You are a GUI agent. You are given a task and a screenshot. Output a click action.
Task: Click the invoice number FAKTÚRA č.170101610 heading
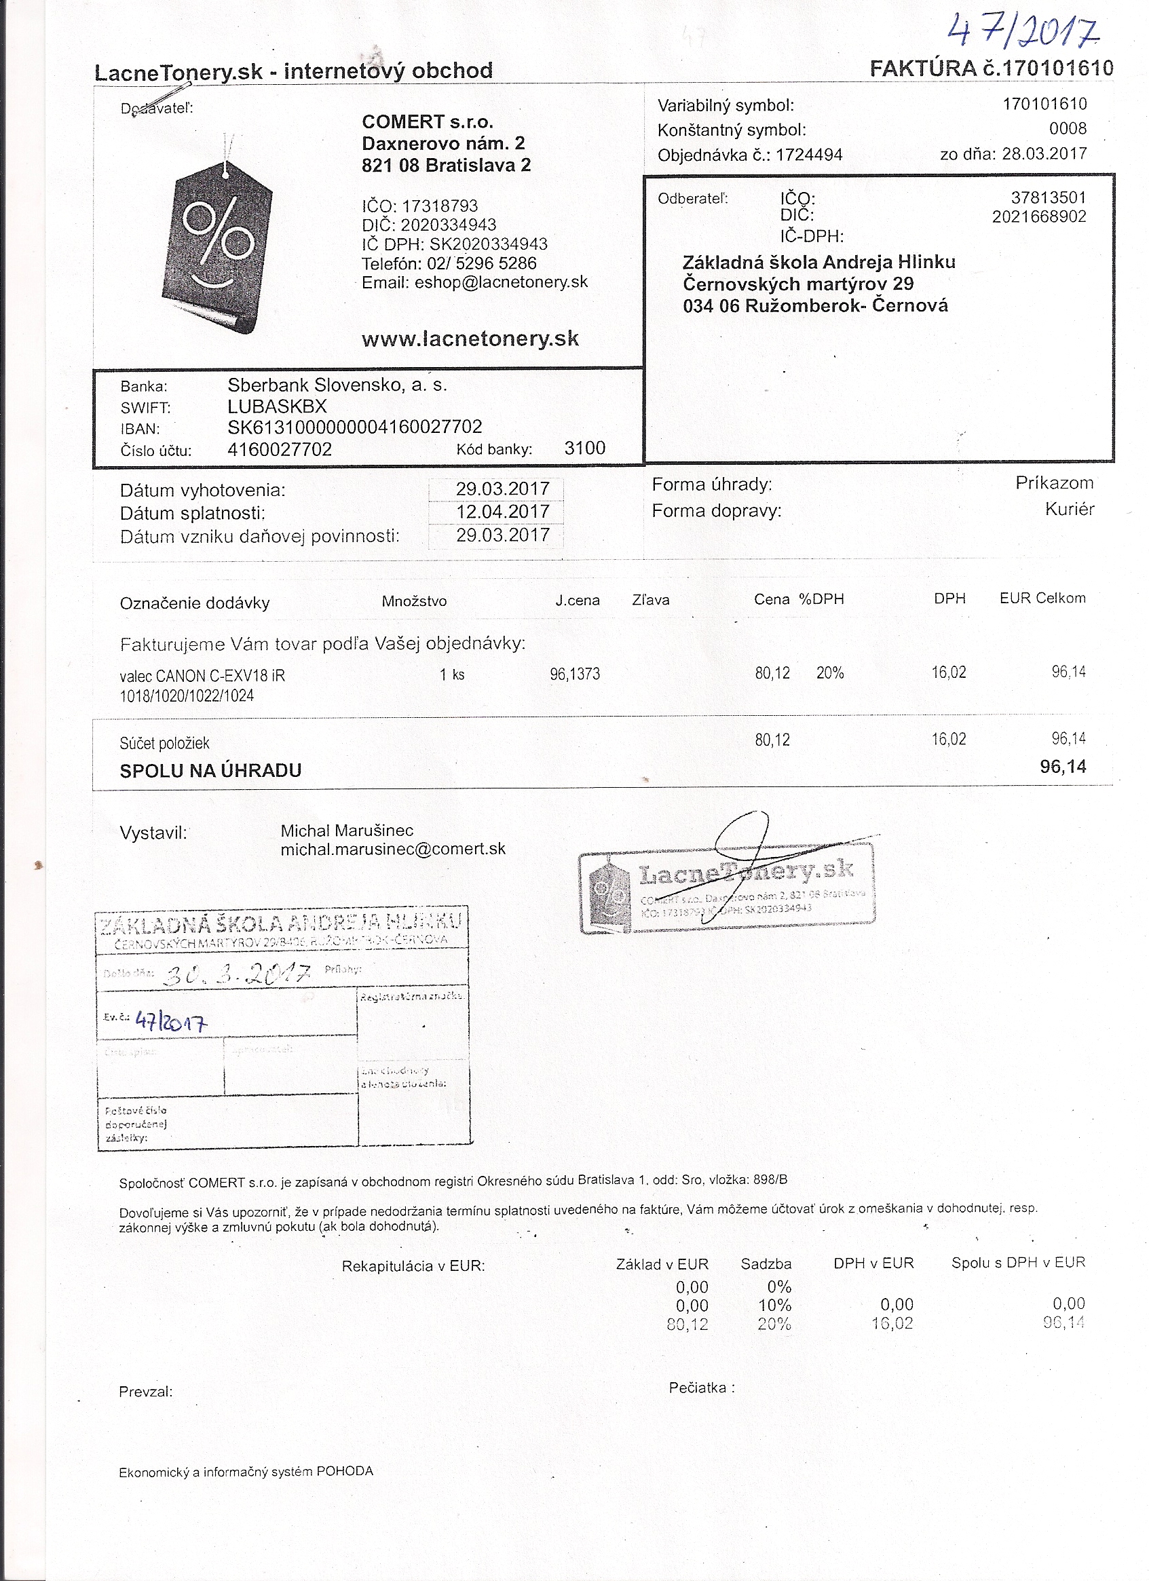991,69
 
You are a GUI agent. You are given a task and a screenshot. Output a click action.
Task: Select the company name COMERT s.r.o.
428,122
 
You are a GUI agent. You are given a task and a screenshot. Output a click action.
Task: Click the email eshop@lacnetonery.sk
501,282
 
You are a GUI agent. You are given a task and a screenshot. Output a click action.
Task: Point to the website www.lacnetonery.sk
470,339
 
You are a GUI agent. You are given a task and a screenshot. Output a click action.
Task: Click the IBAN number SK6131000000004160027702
354,427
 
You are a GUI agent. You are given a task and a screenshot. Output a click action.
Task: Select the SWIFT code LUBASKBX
277,406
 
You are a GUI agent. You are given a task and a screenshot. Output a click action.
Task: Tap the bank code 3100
584,449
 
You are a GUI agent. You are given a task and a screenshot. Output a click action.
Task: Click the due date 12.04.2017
502,512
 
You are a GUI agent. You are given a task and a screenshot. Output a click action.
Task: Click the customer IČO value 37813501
1048,198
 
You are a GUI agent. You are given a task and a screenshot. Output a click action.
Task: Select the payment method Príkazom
1053,483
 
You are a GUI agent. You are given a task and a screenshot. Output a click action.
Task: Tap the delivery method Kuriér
1069,510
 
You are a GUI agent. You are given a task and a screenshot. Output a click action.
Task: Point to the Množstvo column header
413,602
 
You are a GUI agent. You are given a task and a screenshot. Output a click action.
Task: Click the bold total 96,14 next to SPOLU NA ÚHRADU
1063,767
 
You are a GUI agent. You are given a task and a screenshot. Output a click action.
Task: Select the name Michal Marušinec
347,831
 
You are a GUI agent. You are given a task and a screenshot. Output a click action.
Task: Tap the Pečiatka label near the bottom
700,1388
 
